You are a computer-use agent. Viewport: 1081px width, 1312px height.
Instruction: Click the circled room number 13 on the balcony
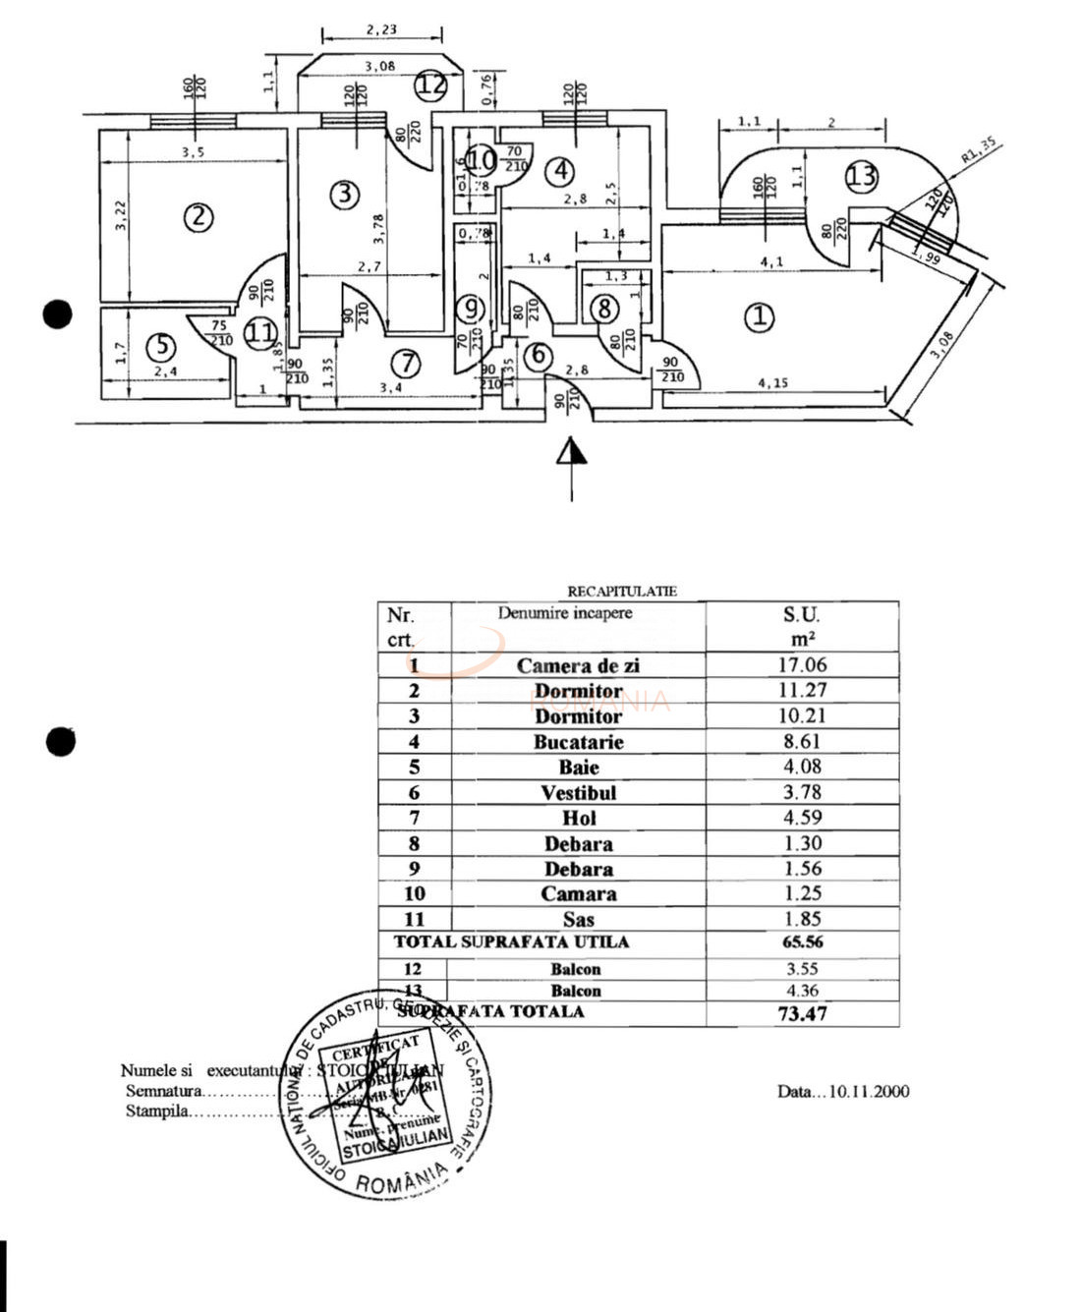tap(861, 177)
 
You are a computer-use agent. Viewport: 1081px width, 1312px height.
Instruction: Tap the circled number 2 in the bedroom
tap(199, 216)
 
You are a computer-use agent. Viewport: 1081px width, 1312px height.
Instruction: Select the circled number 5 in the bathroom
tap(161, 346)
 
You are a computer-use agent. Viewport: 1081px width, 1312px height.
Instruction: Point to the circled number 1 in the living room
tap(759, 317)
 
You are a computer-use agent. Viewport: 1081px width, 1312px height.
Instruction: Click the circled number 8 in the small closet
tap(604, 309)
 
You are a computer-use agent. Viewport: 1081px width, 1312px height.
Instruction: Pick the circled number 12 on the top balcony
tap(430, 84)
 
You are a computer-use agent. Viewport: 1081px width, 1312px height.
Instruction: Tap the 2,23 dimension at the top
tap(381, 29)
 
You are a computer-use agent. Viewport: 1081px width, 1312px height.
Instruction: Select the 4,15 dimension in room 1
tap(773, 382)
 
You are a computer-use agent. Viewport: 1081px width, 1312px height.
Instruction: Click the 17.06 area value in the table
tap(802, 665)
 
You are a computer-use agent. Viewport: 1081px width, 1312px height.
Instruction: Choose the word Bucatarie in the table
tap(578, 742)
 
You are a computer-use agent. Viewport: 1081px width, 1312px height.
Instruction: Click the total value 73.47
tap(802, 1013)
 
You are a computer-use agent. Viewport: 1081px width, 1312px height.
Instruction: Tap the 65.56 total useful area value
tap(802, 941)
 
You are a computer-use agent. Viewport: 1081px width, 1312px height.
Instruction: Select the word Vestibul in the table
tap(578, 793)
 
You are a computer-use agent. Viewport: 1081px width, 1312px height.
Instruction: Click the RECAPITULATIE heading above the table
tap(622, 592)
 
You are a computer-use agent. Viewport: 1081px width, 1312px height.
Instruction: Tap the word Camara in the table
tap(578, 894)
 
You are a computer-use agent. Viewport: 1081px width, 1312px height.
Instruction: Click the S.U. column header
tap(801, 615)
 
